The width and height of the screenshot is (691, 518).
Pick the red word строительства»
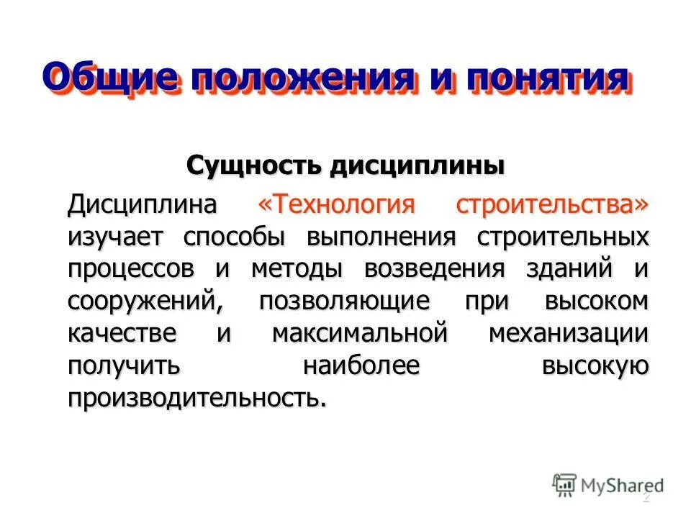(x=553, y=205)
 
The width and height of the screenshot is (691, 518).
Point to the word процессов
(x=132, y=269)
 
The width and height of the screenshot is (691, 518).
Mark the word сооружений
(x=145, y=301)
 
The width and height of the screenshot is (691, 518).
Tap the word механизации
(x=569, y=334)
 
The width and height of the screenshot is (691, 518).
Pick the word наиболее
(x=361, y=366)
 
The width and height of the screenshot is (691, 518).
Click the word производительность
(x=197, y=398)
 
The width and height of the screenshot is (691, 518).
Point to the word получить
(x=123, y=366)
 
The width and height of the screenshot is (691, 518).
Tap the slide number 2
(x=646, y=497)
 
